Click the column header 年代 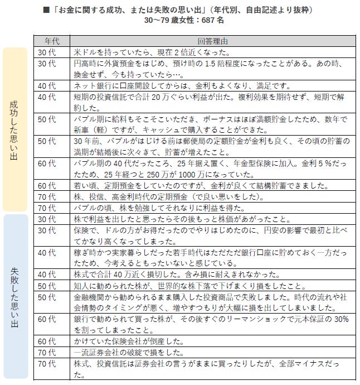(53, 41)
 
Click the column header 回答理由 (212, 41)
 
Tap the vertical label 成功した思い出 (14, 130)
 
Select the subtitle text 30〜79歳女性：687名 (184, 20)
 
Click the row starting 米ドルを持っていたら (152, 52)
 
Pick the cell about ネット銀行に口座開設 (181, 85)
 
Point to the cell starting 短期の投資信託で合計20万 (212, 102)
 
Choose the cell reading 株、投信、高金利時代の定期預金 (173, 196)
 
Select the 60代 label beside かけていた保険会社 (46, 340)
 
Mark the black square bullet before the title (46, 10)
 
